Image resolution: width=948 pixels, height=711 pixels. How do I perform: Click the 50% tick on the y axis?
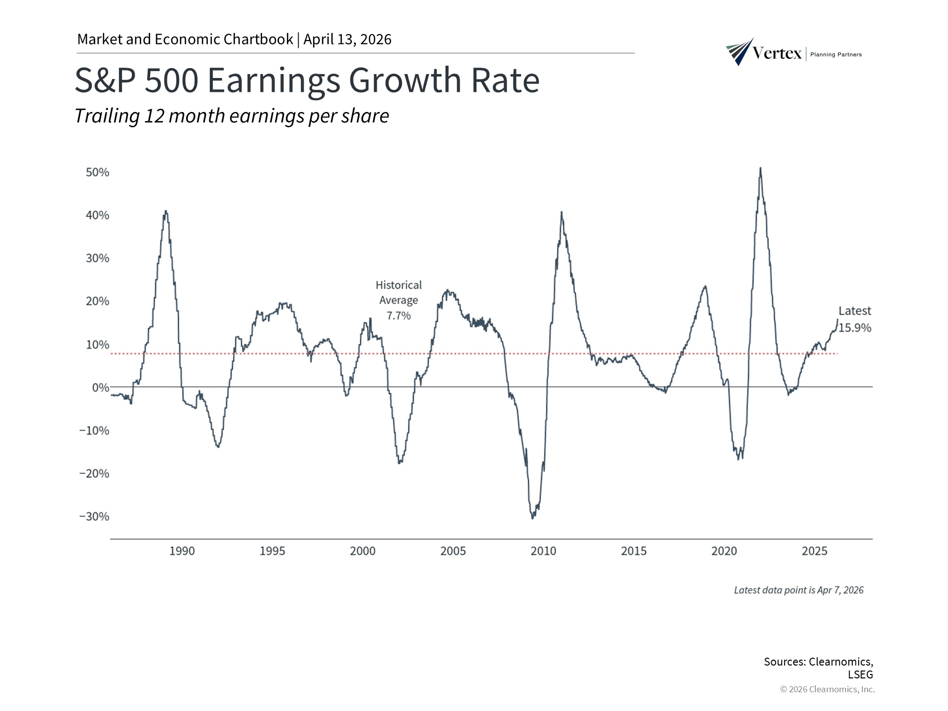click(x=97, y=172)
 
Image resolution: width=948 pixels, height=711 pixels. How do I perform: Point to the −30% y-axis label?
click(x=94, y=516)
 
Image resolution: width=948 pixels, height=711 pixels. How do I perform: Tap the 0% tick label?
click(x=100, y=388)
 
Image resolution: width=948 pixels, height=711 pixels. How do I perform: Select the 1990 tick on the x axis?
click(x=182, y=551)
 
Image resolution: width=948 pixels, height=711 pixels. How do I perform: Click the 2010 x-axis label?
click(x=543, y=551)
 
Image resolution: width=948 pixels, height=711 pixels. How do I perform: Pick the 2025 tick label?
click(x=814, y=551)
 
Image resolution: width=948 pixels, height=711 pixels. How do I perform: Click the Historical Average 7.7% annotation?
click(x=398, y=300)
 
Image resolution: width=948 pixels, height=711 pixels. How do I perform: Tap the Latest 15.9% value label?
click(x=855, y=319)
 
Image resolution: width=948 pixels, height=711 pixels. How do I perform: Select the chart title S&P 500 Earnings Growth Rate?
click(x=307, y=80)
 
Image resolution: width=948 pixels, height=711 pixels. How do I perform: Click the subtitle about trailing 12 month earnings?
click(x=232, y=116)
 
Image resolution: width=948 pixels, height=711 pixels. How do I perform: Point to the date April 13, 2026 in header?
click(x=347, y=39)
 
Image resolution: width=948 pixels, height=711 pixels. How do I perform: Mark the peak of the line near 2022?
click(x=760, y=168)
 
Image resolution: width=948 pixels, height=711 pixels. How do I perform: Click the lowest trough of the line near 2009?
click(x=532, y=518)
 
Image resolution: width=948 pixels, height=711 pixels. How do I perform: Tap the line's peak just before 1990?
click(x=166, y=211)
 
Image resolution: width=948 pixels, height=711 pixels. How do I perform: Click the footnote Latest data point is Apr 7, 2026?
click(x=798, y=590)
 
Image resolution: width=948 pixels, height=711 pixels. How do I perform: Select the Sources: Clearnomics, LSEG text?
click(x=818, y=668)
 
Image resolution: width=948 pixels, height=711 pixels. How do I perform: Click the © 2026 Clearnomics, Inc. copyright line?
click(x=827, y=689)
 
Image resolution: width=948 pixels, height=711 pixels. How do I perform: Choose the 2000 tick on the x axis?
click(x=362, y=551)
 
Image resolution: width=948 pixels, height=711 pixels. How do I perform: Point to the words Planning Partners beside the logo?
click(x=836, y=55)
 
